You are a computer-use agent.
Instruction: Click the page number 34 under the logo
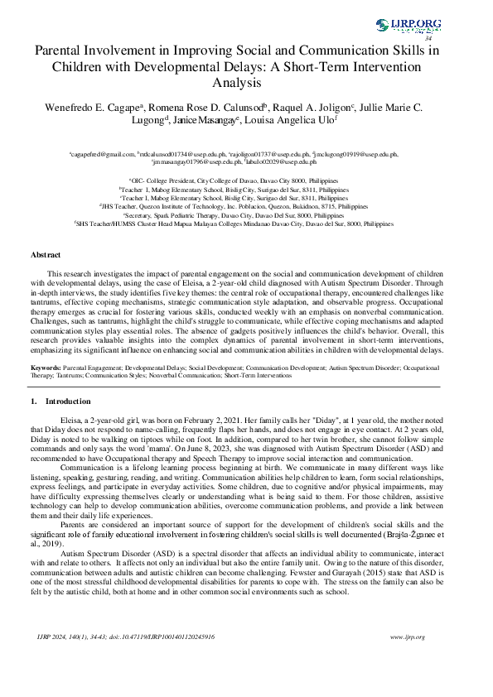coord(428,38)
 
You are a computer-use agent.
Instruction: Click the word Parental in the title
coord(63,50)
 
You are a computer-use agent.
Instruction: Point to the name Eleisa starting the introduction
coord(72,421)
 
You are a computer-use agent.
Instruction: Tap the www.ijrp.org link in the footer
coord(407,660)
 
